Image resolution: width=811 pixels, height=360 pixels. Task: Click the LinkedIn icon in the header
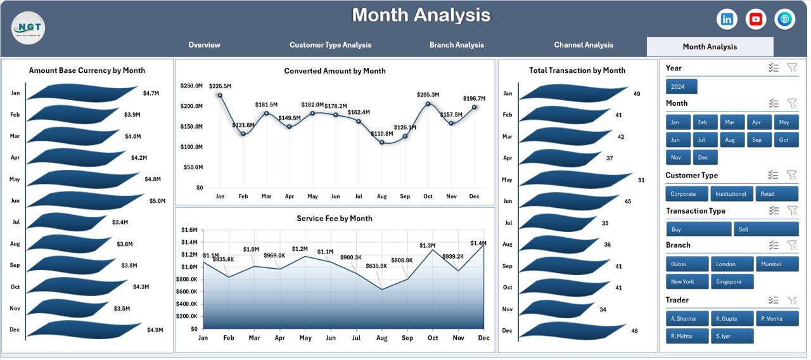click(727, 19)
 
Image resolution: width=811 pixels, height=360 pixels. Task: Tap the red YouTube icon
click(756, 19)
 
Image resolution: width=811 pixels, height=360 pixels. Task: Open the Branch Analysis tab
click(456, 45)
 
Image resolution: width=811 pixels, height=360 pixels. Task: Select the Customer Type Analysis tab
click(330, 45)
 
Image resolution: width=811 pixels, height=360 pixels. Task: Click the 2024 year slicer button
click(681, 87)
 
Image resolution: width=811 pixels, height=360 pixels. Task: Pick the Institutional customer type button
click(731, 194)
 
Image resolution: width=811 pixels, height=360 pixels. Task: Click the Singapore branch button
click(732, 281)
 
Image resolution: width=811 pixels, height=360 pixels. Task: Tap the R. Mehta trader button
click(687, 336)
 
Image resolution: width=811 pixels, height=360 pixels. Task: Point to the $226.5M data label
click(220, 86)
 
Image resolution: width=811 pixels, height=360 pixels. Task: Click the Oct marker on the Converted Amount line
click(428, 103)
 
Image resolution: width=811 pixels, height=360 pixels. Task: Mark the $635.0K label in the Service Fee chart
click(376, 266)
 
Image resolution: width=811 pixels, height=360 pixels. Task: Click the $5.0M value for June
click(157, 201)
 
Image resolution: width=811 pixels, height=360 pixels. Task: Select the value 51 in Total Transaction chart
click(641, 180)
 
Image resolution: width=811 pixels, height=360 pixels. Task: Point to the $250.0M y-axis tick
click(191, 86)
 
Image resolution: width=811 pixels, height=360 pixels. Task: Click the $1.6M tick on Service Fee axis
click(189, 230)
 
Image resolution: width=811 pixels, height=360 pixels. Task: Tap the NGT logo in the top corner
click(28, 28)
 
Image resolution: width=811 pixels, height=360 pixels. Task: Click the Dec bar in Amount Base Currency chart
click(82, 330)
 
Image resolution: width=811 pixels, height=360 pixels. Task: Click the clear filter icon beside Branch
click(791, 245)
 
